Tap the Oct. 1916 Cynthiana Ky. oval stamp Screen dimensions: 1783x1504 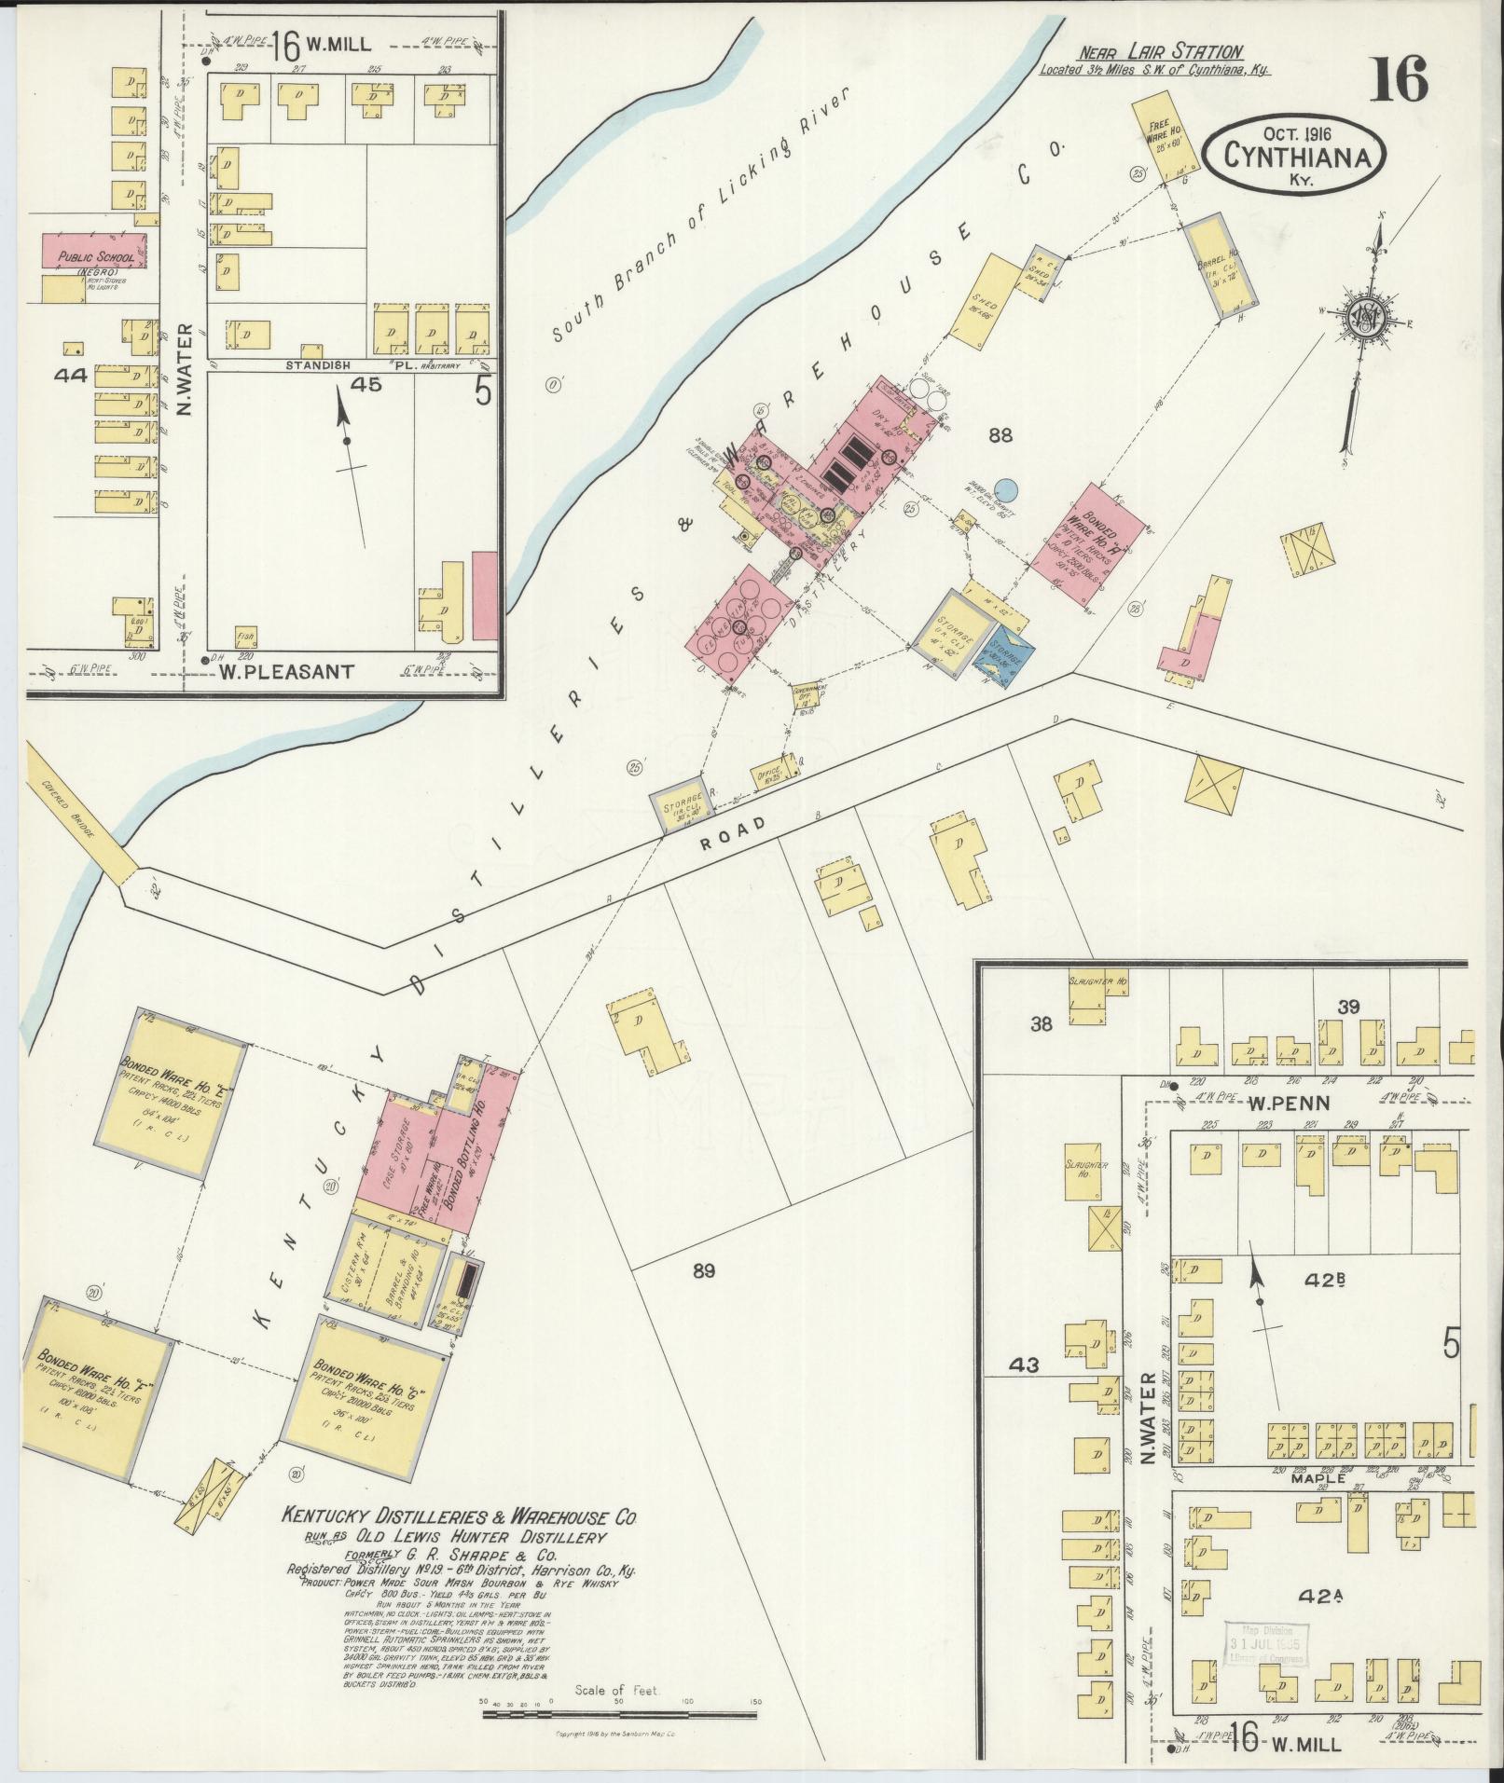pos(1290,154)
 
